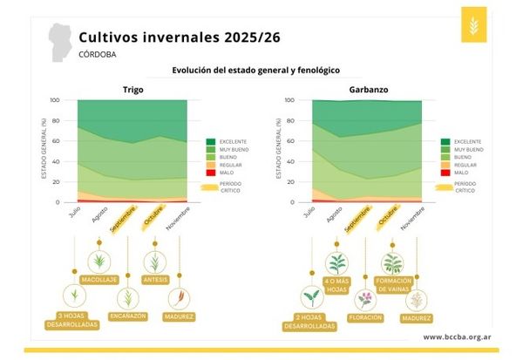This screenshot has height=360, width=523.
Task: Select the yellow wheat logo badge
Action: pos(474,26)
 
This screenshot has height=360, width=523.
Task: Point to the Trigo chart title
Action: pos(132,90)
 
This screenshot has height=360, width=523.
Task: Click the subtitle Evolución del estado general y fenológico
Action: pos(255,70)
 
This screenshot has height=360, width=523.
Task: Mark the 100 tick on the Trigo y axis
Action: pos(56,99)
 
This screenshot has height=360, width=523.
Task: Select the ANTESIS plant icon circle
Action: pos(154,260)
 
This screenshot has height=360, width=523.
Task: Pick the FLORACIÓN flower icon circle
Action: pos(364,300)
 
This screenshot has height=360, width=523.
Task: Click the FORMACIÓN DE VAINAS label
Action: pos(392,284)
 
